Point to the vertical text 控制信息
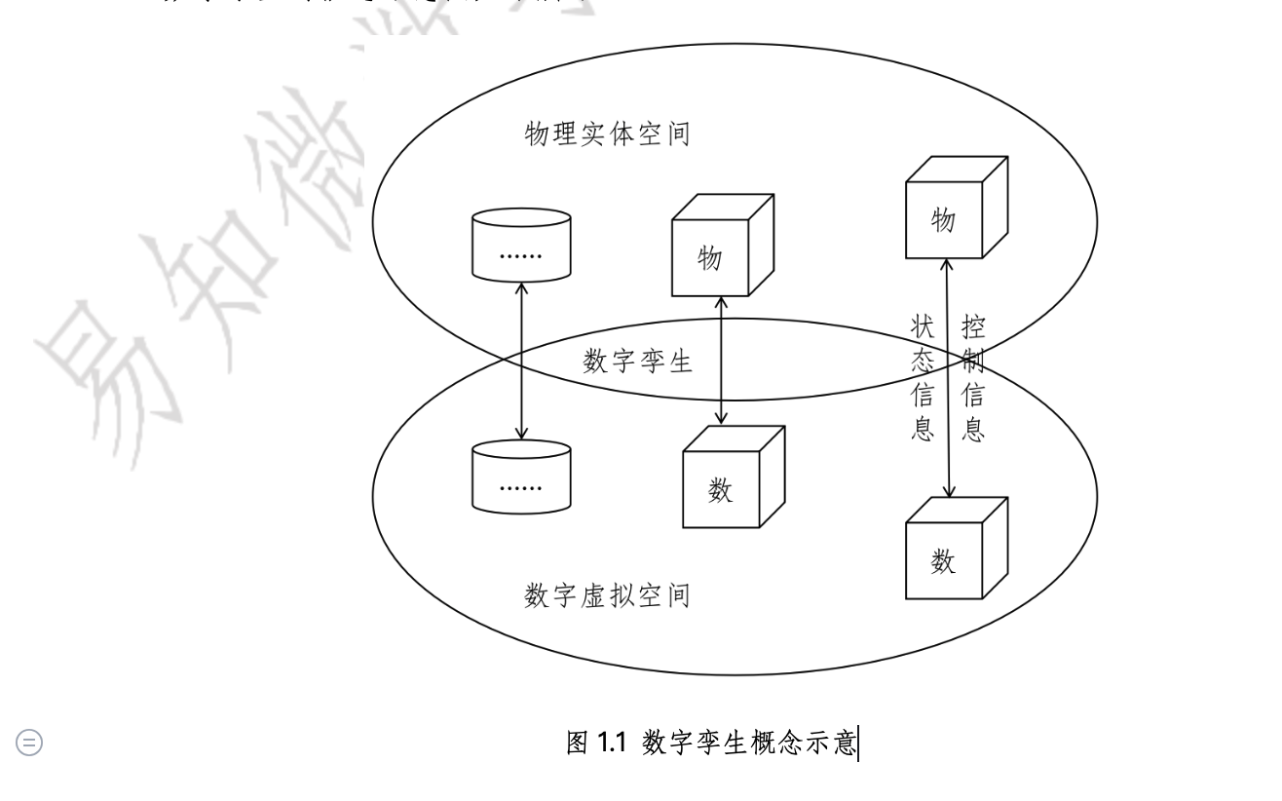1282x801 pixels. (x=972, y=377)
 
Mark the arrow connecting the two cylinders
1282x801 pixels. (x=522, y=360)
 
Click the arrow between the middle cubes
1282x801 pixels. (x=721, y=361)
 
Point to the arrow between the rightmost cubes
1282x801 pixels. (x=946, y=380)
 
